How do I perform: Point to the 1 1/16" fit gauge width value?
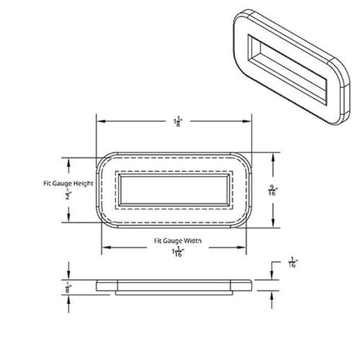pos(178,251)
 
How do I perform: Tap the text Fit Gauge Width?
pos(178,241)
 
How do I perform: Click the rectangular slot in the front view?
pos(174,189)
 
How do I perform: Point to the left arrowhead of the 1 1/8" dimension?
pos(101,121)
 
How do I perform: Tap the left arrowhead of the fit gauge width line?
pos(105,249)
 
